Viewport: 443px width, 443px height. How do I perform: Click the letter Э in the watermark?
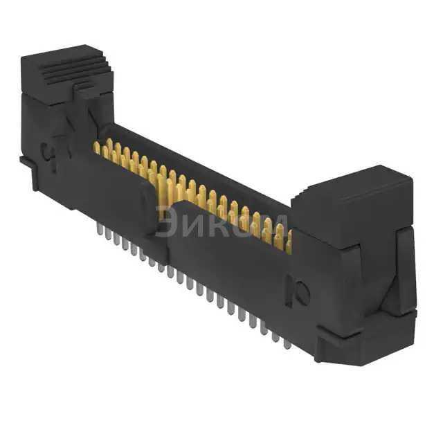click(x=166, y=221)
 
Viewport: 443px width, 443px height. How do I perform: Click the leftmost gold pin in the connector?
click(x=96, y=147)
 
